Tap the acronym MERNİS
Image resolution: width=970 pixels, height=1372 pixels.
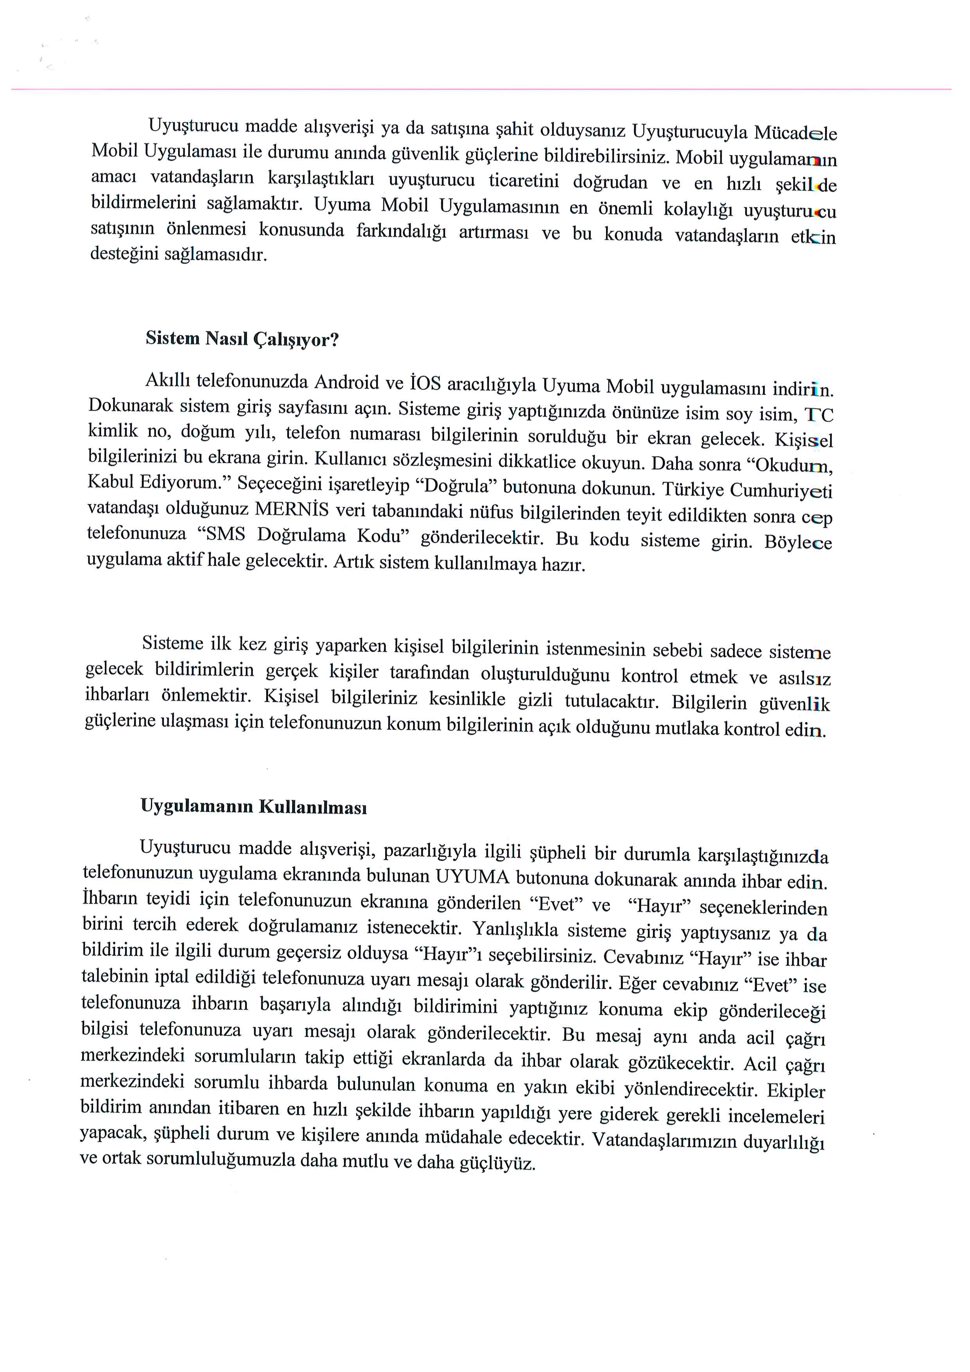pos(291,509)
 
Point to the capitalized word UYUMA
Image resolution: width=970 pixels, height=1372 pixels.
pos(472,877)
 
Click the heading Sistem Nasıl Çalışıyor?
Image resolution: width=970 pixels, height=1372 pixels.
pos(242,339)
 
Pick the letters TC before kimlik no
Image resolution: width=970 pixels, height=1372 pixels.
pos(818,415)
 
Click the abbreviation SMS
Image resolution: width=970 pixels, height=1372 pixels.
pos(225,534)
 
